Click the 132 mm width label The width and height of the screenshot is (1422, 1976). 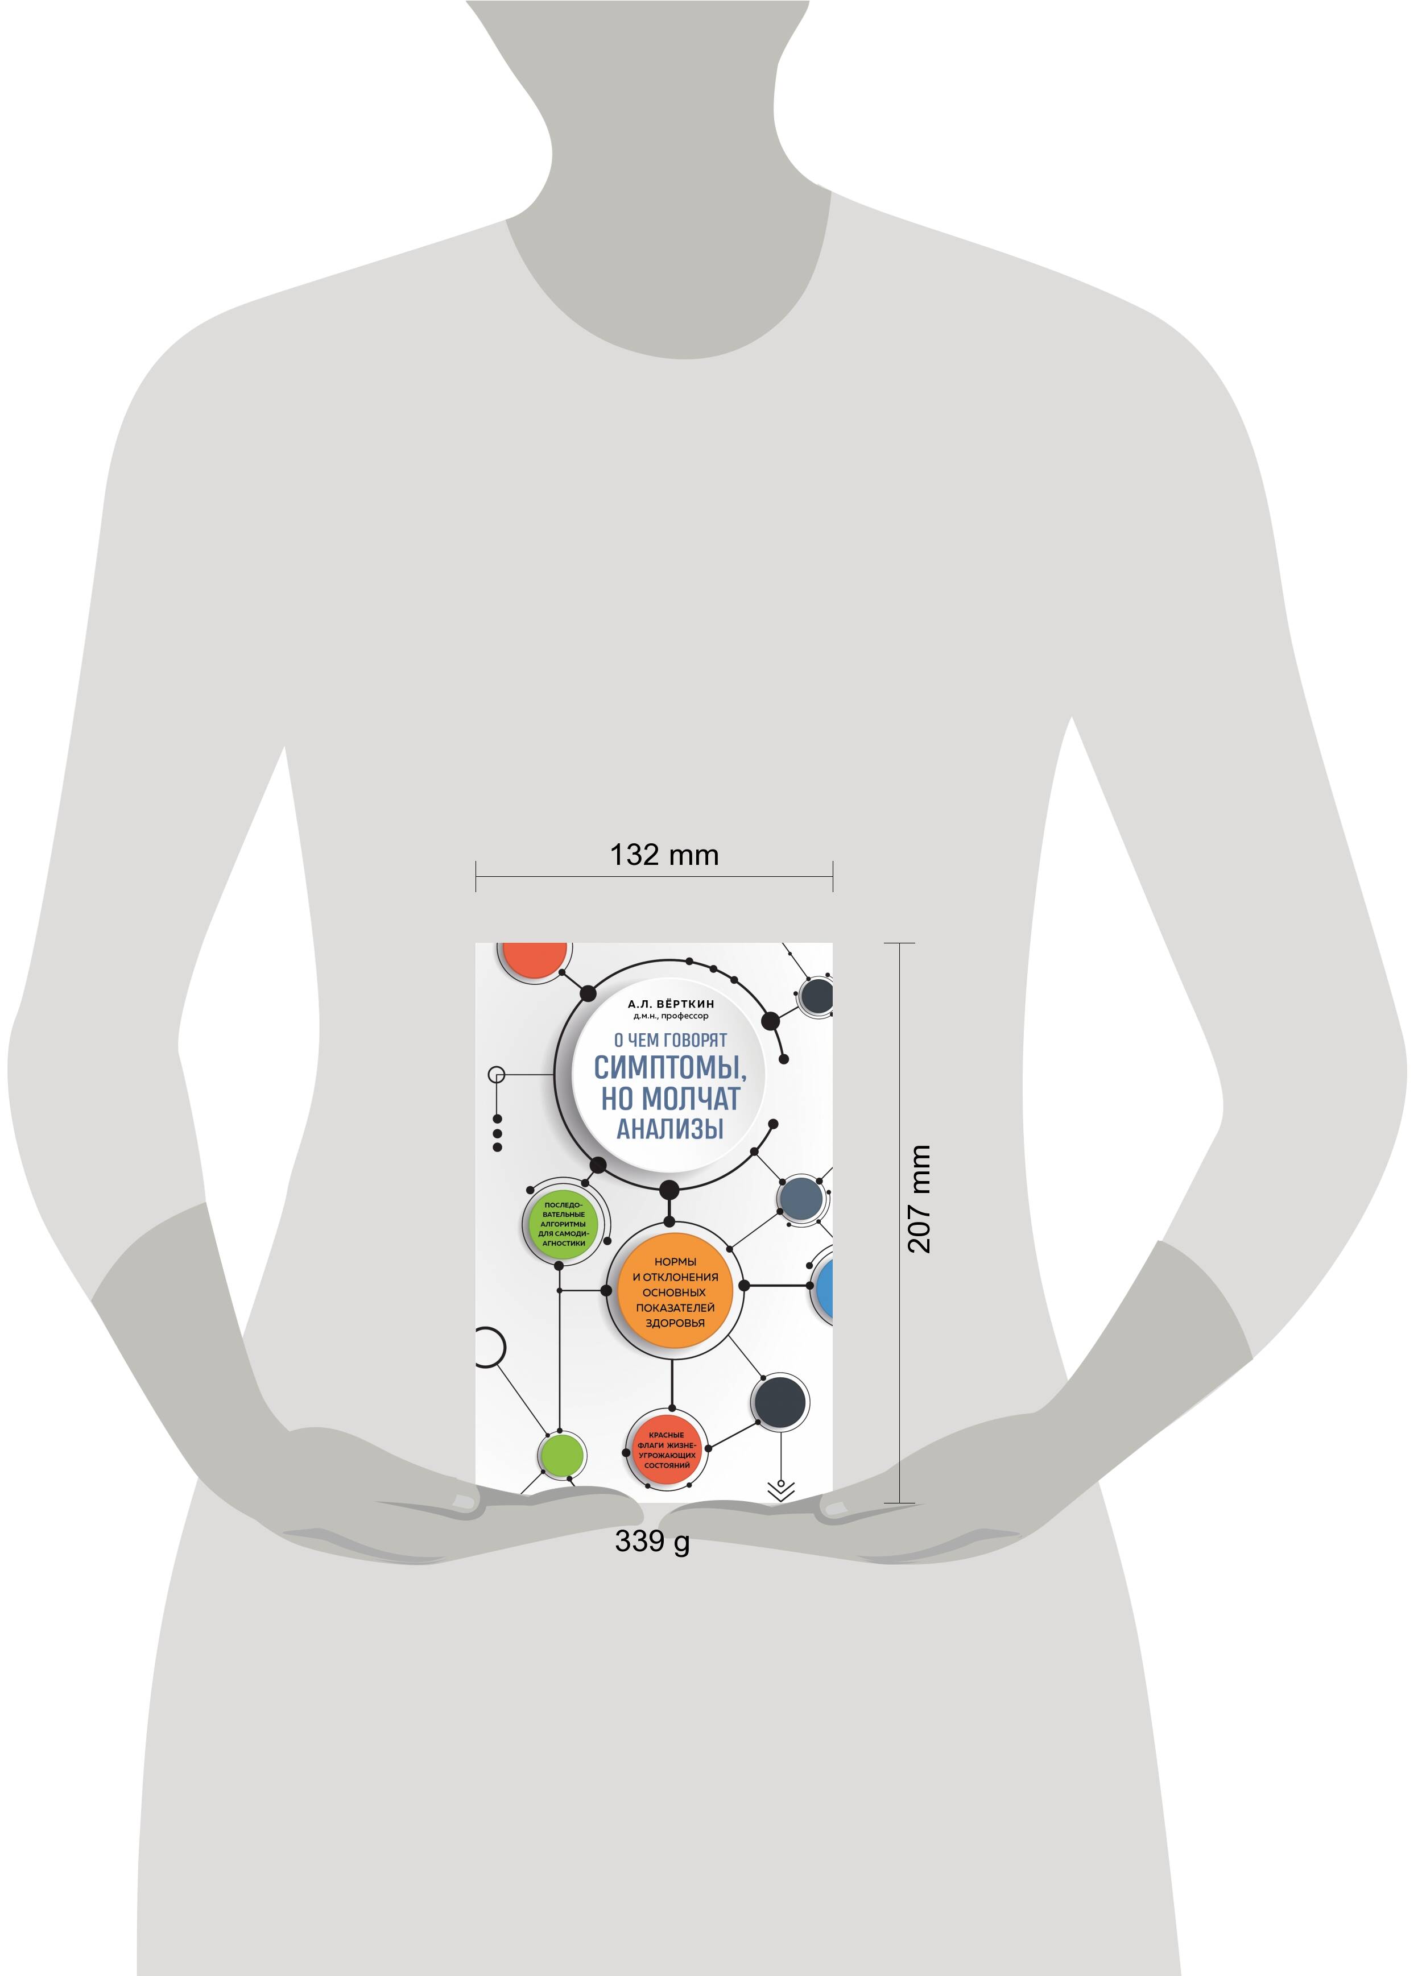tap(664, 855)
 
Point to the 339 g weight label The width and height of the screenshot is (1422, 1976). tap(652, 1540)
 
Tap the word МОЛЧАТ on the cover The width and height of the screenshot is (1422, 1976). tap(695, 1099)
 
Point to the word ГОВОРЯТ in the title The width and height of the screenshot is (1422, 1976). tap(695, 1039)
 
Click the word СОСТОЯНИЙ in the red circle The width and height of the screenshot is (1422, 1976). tap(667, 1465)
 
